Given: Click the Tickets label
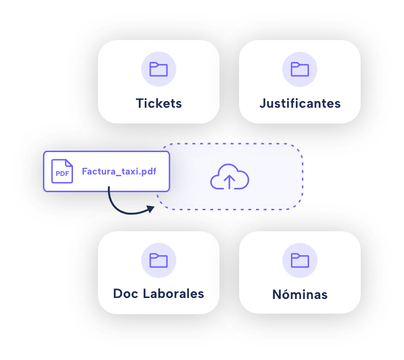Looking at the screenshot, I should (158, 103).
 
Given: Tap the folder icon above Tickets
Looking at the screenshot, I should (158, 70).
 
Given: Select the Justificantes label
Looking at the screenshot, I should (300, 103).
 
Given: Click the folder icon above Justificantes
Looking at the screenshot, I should (300, 70).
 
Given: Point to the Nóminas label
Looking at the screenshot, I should (300, 295).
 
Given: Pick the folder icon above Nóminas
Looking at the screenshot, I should (300, 260).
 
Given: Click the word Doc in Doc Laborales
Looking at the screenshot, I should (125, 294).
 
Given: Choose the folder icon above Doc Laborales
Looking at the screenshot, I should (158, 260).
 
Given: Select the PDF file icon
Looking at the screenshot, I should (62, 171).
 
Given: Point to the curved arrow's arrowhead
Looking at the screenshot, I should (151, 208).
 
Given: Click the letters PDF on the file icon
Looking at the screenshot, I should (62, 174).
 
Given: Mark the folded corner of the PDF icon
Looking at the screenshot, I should (69, 163).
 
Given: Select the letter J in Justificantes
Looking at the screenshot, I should (263, 103).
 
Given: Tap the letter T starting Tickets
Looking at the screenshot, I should (139, 103).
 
